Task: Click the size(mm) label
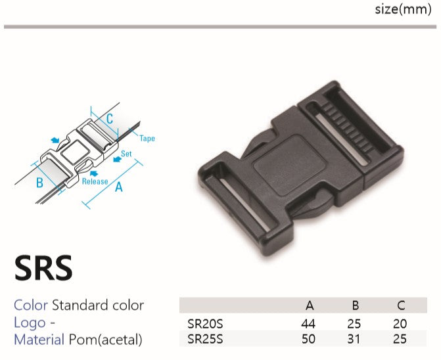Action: pyautogui.click(x=403, y=10)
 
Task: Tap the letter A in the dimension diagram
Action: pyautogui.click(x=119, y=187)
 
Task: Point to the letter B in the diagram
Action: pyautogui.click(x=39, y=183)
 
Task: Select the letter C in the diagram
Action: pyautogui.click(x=110, y=119)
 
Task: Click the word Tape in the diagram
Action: pyautogui.click(x=147, y=138)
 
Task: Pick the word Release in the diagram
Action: pyautogui.click(x=95, y=181)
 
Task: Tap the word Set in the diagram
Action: pyautogui.click(x=126, y=154)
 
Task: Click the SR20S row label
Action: pyautogui.click(x=205, y=324)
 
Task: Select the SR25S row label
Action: pyautogui.click(x=205, y=339)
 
